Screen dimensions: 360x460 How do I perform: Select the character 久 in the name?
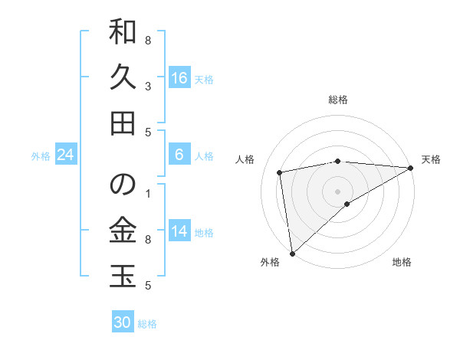123,77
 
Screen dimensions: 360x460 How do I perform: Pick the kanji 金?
123,230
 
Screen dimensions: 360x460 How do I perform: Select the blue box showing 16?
179,78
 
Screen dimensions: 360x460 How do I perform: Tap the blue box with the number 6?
179,155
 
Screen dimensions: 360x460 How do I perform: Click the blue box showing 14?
179,232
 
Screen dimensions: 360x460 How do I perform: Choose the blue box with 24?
66,155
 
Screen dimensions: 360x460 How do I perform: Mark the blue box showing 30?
123,322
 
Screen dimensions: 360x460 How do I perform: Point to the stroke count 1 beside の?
148,194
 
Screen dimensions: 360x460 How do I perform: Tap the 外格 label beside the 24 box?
41,156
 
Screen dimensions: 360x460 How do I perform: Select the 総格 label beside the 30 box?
147,324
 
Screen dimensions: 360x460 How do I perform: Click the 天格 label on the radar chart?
431,159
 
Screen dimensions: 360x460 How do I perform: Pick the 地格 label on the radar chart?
402,263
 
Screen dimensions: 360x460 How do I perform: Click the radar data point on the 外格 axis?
292,253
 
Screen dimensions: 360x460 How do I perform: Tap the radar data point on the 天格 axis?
412,168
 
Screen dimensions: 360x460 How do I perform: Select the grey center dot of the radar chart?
337,190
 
